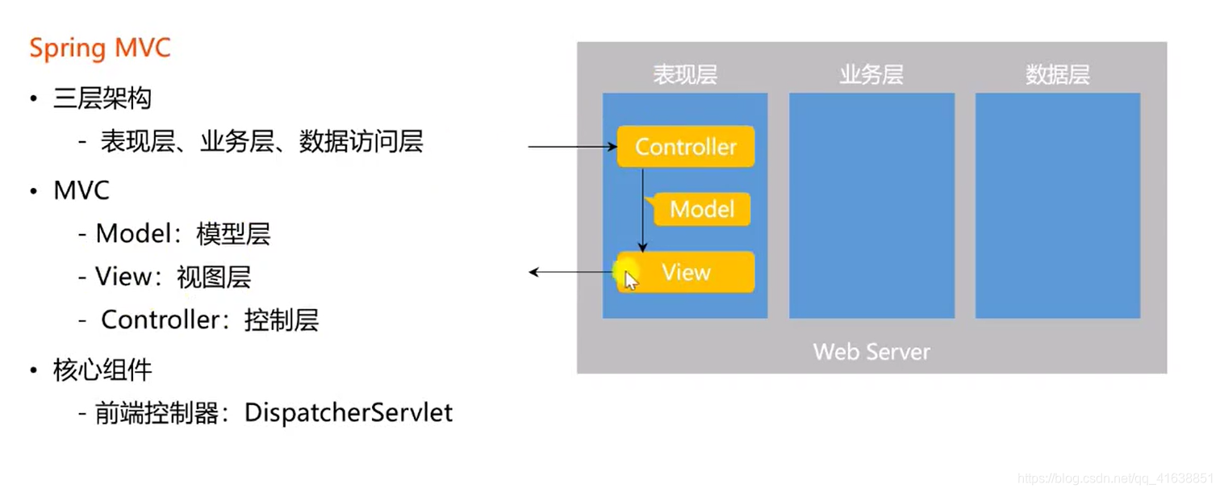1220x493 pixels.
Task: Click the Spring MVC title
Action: tap(100, 48)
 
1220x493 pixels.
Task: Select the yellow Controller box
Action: tap(686, 147)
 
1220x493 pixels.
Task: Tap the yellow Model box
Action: tap(702, 210)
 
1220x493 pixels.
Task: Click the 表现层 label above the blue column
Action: tap(685, 75)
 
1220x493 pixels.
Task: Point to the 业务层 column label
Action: tap(871, 75)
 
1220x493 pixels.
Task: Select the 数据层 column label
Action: tap(1057, 75)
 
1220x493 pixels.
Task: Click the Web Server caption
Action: tap(871, 352)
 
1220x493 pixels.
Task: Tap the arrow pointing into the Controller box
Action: tap(573, 147)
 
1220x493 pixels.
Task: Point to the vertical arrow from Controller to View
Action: tap(643, 210)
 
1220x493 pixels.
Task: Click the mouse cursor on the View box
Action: tap(630, 279)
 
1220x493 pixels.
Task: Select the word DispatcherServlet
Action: tap(349, 413)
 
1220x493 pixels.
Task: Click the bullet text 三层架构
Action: tap(102, 99)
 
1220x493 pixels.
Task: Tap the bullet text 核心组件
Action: tap(102, 370)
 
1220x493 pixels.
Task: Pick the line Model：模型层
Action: tap(183, 234)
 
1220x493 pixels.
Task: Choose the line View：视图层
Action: tap(173, 277)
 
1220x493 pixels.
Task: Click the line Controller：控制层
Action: tap(210, 320)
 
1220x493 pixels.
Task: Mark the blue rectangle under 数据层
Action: tap(1057, 206)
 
